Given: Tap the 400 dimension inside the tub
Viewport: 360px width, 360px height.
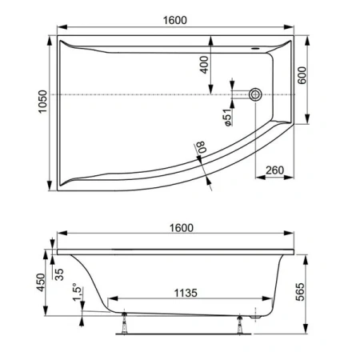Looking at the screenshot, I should pyautogui.click(x=204, y=65).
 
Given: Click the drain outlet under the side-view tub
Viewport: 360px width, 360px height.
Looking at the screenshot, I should pyautogui.click(x=258, y=315).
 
